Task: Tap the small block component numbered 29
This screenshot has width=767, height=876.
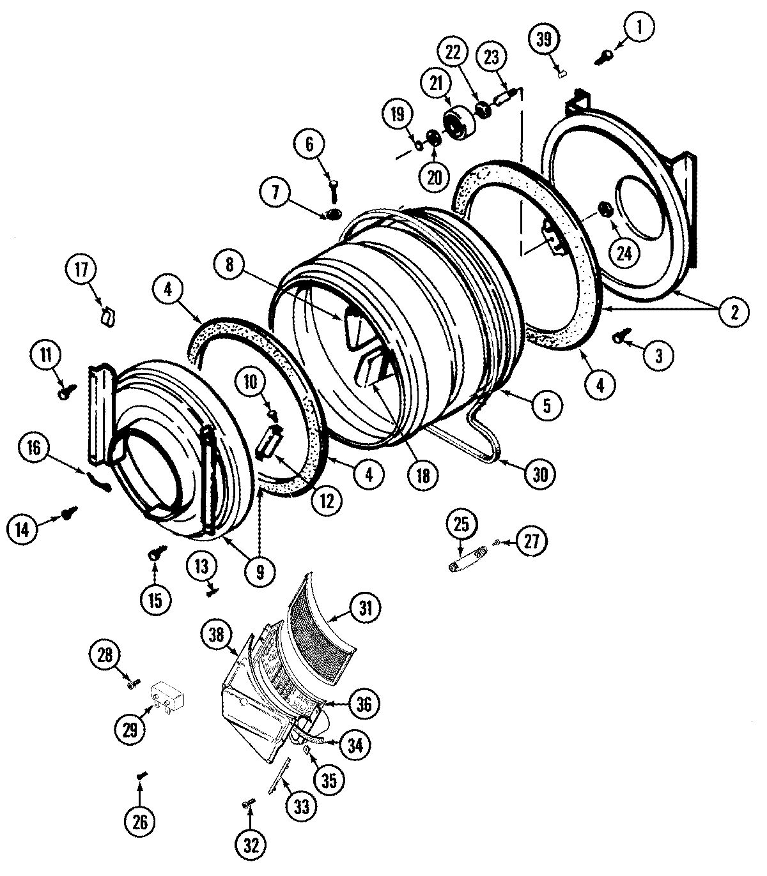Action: (x=167, y=695)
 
